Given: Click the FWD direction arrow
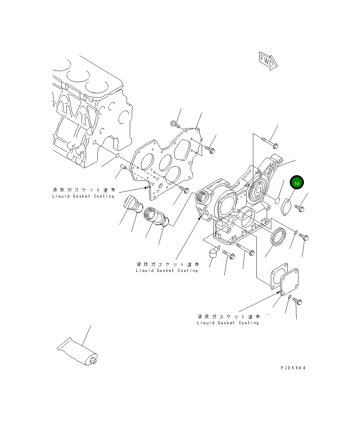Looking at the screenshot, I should click(x=268, y=61).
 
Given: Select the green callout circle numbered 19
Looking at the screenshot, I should click(x=297, y=183).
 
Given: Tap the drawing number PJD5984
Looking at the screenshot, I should click(x=293, y=368).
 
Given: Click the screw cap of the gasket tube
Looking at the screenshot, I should click(x=93, y=361).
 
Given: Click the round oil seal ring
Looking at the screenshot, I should click(x=278, y=238).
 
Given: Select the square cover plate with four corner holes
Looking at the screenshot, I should click(x=289, y=282).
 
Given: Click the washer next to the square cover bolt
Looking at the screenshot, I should click(x=290, y=297).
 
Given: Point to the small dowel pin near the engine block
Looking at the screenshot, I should click(x=124, y=167).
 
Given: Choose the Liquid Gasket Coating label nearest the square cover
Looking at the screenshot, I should click(x=228, y=319).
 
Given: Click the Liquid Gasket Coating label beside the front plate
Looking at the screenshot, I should click(x=83, y=193).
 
